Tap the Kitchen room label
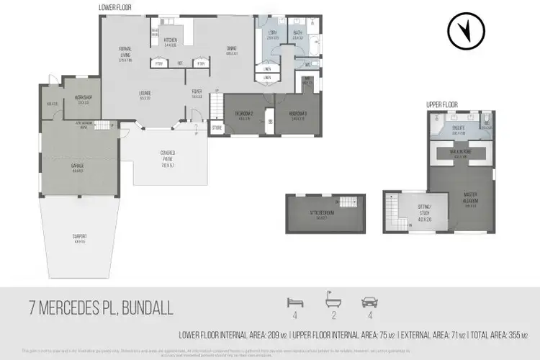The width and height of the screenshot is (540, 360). pos(171,40)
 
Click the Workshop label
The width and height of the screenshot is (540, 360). pos(83,99)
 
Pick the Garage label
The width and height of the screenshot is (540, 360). pos(77,167)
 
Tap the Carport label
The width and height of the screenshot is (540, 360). pos(80,237)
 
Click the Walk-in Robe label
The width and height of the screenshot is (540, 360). pos(461,154)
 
